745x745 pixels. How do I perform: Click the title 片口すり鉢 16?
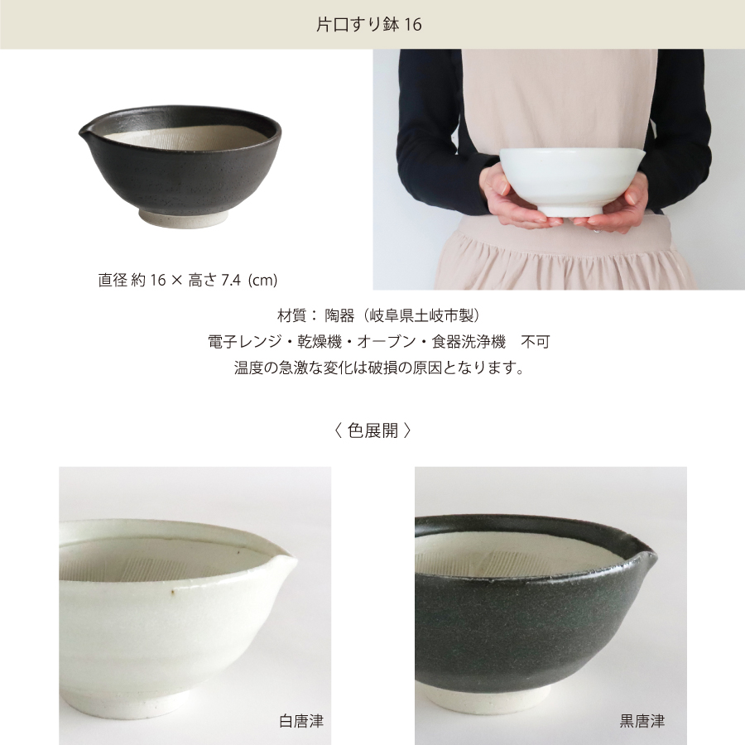[x=369, y=25]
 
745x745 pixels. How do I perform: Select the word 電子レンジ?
[x=240, y=341]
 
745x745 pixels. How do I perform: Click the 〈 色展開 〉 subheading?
[x=372, y=430]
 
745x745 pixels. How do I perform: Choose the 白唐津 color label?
[x=301, y=721]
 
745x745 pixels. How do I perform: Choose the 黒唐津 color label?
[x=642, y=721]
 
